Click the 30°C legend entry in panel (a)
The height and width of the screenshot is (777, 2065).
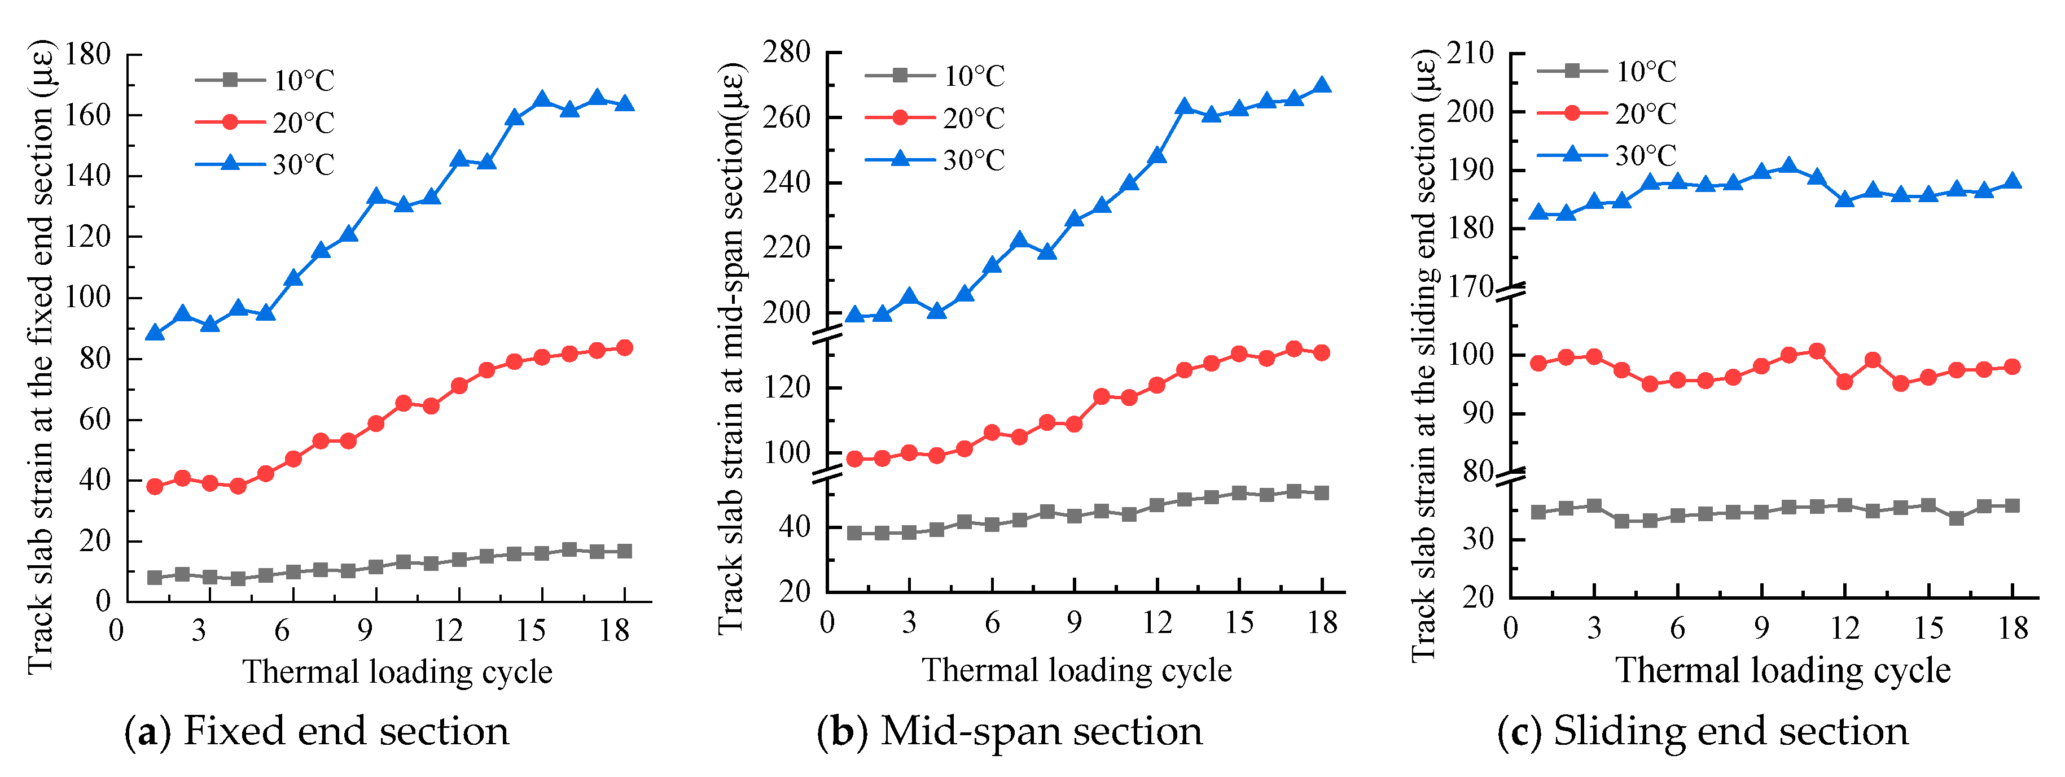tap(265, 164)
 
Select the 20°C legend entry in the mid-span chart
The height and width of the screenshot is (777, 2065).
tap(935, 118)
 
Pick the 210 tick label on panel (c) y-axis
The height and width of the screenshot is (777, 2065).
tap(1470, 54)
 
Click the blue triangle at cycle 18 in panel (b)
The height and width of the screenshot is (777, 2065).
tap(1322, 86)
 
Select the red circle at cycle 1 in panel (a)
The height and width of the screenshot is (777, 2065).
tap(155, 487)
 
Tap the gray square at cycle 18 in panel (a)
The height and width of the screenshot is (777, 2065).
tap(625, 552)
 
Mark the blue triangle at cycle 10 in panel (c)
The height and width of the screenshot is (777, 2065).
tap(1788, 167)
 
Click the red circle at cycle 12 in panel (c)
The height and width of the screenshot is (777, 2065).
tap(1844, 382)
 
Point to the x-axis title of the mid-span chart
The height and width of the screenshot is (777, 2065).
tap(1076, 670)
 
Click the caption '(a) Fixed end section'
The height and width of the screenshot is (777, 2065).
tap(317, 731)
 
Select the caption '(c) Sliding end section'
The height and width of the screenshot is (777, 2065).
tap(1703, 731)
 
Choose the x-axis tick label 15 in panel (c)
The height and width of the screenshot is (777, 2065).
tap(1929, 628)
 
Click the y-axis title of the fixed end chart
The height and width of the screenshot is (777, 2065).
tap(40, 357)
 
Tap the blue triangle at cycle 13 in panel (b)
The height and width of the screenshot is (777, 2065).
tap(1184, 107)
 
